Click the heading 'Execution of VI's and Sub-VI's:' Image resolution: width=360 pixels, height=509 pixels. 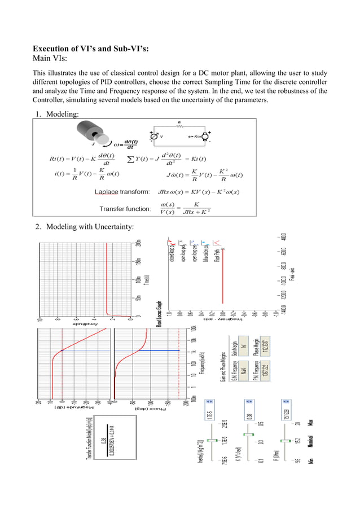[x=91, y=48]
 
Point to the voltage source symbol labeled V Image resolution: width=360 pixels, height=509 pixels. [x=153, y=136]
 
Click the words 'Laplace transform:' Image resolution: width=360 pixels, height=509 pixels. [x=122, y=192]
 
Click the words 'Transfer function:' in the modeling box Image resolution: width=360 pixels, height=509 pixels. [x=125, y=209]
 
